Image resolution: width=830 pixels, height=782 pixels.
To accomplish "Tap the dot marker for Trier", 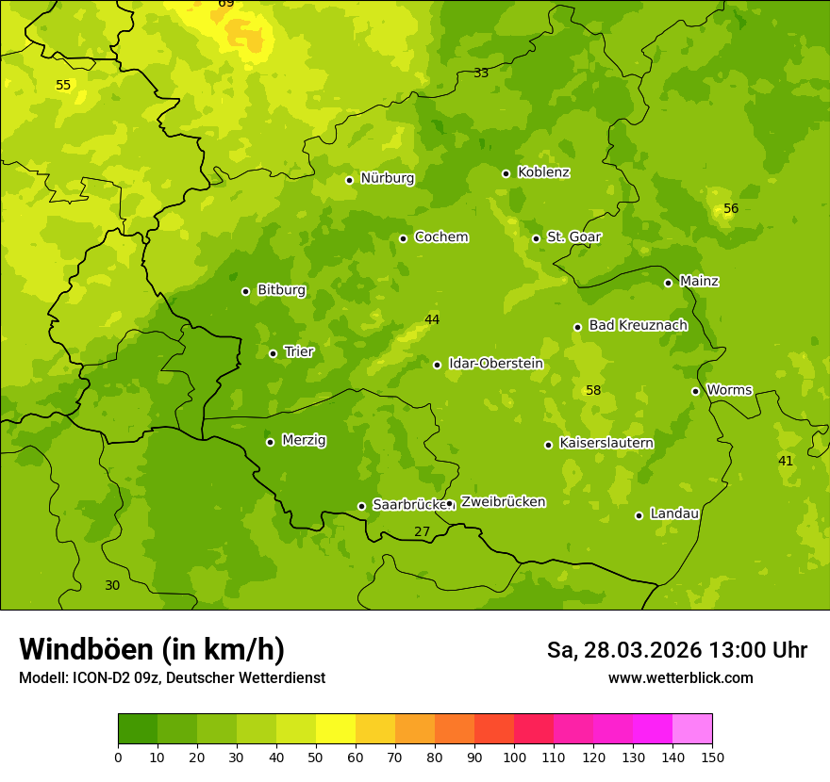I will pyautogui.click(x=274, y=353).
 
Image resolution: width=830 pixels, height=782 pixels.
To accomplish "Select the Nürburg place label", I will pyautogui.click(x=387, y=178).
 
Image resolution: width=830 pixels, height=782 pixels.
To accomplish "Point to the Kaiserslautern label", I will pyautogui.click(x=606, y=443).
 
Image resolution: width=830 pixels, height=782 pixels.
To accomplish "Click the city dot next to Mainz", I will pyautogui.click(x=668, y=283).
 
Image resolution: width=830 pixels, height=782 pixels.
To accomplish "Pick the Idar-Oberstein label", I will pyautogui.click(x=495, y=364).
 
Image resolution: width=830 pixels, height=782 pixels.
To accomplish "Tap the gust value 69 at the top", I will pyautogui.click(x=226, y=4).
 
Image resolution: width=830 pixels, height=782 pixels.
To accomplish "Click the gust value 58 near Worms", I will pyautogui.click(x=593, y=390).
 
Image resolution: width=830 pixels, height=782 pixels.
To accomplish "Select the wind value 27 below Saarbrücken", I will pyautogui.click(x=422, y=531).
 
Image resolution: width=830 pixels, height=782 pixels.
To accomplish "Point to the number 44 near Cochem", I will pyautogui.click(x=432, y=319).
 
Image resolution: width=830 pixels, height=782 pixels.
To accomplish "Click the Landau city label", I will pyautogui.click(x=674, y=513).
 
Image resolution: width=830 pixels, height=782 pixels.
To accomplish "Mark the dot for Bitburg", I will pyautogui.click(x=245, y=291).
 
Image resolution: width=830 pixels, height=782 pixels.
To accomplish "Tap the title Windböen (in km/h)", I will pyautogui.click(x=152, y=649).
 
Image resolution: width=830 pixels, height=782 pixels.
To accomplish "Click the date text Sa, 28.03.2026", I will pyautogui.click(x=623, y=650).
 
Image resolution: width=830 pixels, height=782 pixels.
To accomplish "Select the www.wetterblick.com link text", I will pyautogui.click(x=680, y=677).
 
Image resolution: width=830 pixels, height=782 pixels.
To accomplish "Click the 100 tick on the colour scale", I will pyautogui.click(x=514, y=757).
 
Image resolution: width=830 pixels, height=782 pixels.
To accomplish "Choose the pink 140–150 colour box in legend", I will pyautogui.click(x=692, y=729).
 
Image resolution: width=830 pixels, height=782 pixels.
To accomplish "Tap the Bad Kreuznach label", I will pyautogui.click(x=638, y=325).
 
